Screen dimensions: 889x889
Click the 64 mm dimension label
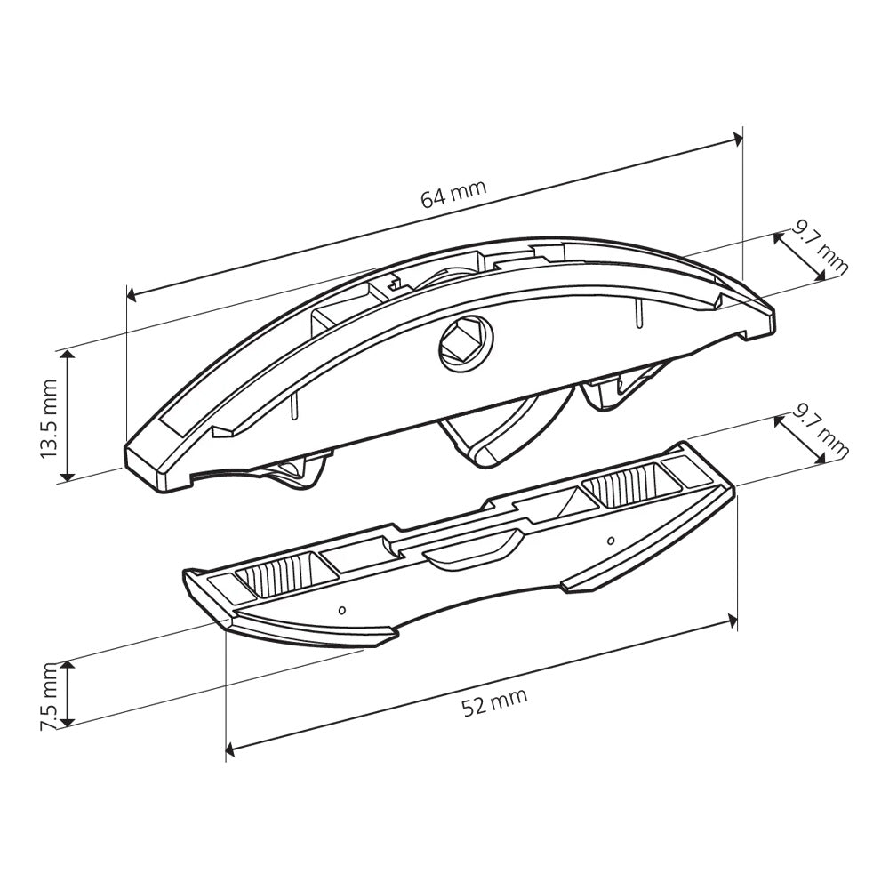[453, 194]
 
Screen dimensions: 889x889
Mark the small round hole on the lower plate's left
[342, 610]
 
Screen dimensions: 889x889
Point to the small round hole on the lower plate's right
[610, 540]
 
